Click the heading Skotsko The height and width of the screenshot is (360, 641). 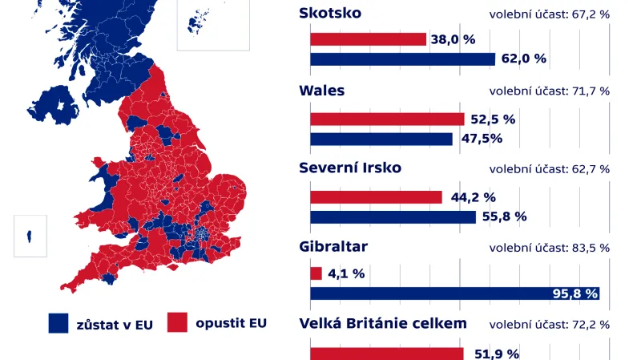tap(329, 13)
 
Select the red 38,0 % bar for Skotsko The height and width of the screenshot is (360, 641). tap(368, 39)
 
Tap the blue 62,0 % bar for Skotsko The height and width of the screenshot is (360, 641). tap(402, 59)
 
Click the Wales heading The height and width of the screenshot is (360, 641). tap(321, 91)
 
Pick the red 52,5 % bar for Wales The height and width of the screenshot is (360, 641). tap(387, 119)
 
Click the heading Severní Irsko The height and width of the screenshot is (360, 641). tap(349, 168)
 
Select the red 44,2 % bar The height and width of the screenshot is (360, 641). tap(376, 197)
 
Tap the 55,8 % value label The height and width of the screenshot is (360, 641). tap(505, 216)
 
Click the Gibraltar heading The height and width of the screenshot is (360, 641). tap(333, 246)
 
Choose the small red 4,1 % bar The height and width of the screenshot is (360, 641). tap(316, 274)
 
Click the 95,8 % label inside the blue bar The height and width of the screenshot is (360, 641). tap(575, 293)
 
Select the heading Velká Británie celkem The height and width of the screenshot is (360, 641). tap(382, 324)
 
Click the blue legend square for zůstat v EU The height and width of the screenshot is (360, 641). tap(58, 323)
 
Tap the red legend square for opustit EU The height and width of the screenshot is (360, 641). tap(177, 323)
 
